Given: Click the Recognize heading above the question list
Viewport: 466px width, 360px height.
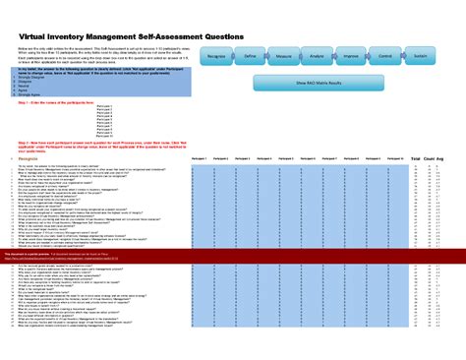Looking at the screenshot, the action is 28,157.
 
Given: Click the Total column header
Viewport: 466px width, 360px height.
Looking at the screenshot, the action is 416,157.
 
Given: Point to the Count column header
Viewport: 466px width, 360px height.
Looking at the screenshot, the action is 430,157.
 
